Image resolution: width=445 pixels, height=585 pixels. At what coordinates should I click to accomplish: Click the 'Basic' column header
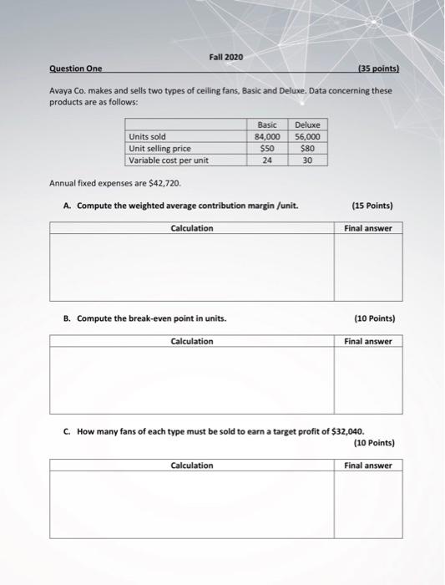pos(267,124)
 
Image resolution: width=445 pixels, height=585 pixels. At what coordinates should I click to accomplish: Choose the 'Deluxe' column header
pos(307,124)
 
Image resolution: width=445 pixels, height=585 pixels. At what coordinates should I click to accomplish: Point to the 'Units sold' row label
pos(147,136)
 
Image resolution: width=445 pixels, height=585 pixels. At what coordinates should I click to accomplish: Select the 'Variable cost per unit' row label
pos(168,160)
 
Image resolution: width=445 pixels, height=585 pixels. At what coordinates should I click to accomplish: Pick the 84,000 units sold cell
pos(267,136)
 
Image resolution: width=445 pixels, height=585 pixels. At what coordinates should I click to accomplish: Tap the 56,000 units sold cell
pos(307,136)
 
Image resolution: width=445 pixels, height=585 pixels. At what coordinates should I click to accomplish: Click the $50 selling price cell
pos(267,148)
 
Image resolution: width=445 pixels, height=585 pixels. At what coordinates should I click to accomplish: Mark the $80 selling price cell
pos(307,148)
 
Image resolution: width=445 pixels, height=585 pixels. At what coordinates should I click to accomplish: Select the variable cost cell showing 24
pos(267,160)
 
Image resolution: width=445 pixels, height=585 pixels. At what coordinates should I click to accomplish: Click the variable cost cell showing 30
pos(307,160)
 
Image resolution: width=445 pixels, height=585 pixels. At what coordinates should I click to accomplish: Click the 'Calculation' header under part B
pos(192,341)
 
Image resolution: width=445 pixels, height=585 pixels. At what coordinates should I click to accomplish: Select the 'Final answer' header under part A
pos(368,228)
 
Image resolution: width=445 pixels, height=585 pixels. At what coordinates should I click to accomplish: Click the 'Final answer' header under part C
pos(368,465)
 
